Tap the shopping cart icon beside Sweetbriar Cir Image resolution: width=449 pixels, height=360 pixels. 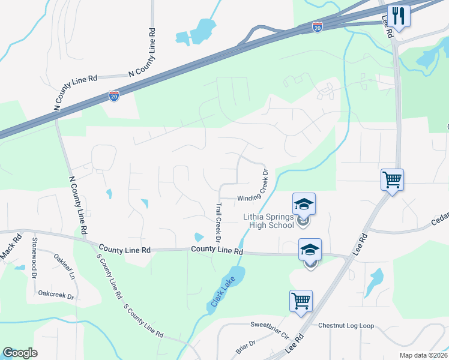pyautogui.click(x=301, y=301)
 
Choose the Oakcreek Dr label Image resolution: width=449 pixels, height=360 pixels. pyautogui.click(x=55, y=296)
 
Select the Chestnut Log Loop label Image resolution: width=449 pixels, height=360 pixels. pyautogui.click(x=346, y=326)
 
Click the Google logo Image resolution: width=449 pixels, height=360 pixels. pyautogui.click(x=20, y=353)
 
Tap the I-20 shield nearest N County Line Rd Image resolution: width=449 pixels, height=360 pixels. pyautogui.click(x=113, y=95)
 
